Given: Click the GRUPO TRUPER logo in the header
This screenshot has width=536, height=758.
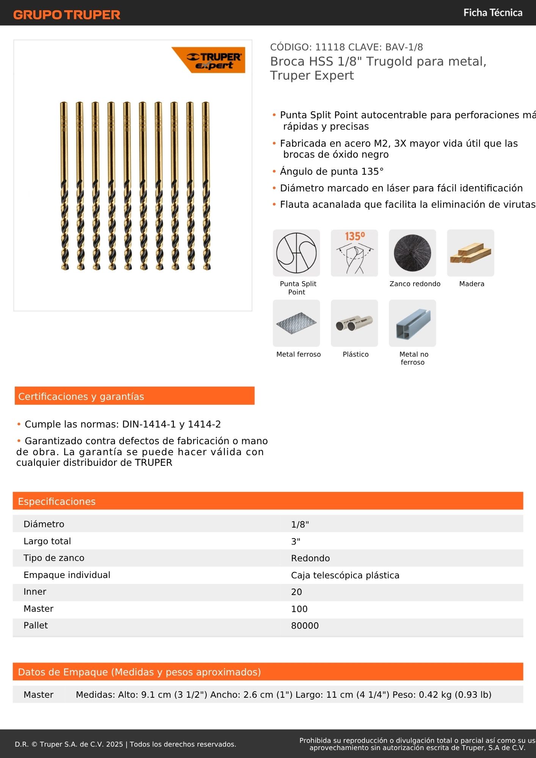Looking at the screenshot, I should point(67,15).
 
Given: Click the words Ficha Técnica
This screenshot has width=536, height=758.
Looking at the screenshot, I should point(492,13).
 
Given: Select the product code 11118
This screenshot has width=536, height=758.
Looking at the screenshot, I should point(330,47).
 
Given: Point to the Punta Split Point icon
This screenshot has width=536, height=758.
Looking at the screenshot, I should point(296,253).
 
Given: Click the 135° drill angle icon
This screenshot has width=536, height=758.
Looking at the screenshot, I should point(354,253).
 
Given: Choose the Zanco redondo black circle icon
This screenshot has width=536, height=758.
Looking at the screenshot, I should point(412,253).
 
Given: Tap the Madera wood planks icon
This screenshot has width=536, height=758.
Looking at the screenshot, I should point(470,253).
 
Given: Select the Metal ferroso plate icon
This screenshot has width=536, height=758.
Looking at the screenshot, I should point(296,323).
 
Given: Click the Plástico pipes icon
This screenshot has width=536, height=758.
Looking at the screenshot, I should point(354,323).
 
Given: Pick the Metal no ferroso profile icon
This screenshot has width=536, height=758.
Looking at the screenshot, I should point(412,323).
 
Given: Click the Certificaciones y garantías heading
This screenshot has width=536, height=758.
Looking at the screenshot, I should point(81,396).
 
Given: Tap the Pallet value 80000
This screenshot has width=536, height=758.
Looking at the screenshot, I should point(305,626).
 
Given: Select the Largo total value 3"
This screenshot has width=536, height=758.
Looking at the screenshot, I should point(296,542).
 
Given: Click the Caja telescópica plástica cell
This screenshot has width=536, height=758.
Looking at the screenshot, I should point(345,575).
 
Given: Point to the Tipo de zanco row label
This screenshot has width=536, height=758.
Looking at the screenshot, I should point(54,558).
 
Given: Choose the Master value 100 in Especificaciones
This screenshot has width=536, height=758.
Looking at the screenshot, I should point(299,609).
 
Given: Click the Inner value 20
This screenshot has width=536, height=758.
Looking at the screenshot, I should point(296,592).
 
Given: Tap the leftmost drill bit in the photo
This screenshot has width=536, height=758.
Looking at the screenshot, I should point(64,186).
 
